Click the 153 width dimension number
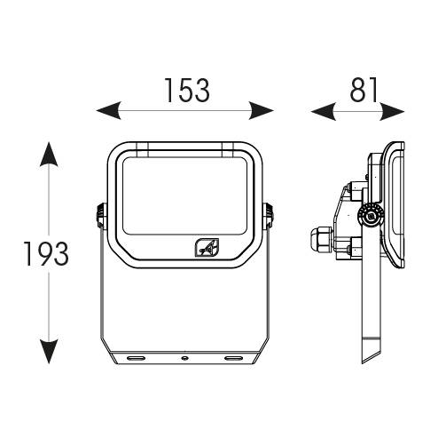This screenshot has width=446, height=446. [187, 91]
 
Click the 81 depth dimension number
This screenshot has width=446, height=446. [364, 90]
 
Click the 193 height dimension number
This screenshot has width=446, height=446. [46, 254]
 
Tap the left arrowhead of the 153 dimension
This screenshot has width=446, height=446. [109, 110]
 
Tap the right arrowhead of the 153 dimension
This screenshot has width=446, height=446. [262, 110]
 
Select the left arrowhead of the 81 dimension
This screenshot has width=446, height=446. [324, 111]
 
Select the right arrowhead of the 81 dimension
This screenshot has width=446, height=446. [392, 111]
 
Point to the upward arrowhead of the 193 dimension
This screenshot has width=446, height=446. [49, 154]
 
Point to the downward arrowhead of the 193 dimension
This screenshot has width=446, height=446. [49, 352]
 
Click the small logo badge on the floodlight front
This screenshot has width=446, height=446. [207, 248]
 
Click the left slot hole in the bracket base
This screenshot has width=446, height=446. [136, 358]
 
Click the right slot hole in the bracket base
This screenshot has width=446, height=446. [233, 358]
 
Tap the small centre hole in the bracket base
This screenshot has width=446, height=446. [184, 358]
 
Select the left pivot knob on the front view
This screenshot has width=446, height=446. [101, 215]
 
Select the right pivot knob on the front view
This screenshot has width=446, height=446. [269, 215]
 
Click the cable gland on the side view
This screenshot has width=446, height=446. [322, 239]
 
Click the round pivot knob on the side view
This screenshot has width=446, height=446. [372, 216]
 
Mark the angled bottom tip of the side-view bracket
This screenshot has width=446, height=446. [363, 363]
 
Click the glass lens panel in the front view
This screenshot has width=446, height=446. [184, 196]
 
